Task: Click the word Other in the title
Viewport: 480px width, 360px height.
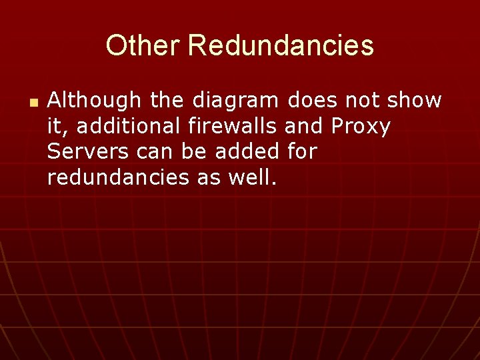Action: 143,45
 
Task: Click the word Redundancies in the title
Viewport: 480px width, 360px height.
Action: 281,45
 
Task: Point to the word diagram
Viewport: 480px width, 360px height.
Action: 233,101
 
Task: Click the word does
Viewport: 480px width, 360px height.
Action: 312,101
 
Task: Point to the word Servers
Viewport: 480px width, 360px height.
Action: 88,151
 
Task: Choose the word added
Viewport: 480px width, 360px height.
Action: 247,151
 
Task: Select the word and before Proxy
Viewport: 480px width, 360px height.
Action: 303,126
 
